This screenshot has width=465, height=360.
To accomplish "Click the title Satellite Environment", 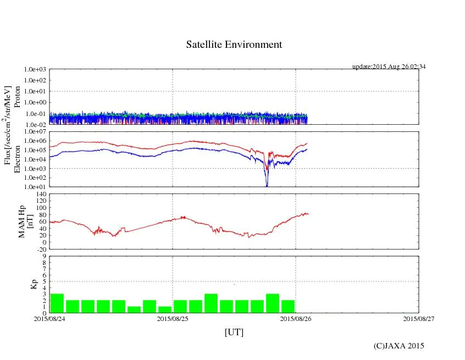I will click(x=234, y=45).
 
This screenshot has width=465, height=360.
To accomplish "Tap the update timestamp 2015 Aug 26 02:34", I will click(x=389, y=67).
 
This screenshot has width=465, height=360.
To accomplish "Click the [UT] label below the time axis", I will click(x=234, y=332).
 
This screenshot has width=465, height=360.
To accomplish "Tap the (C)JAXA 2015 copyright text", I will click(x=399, y=346).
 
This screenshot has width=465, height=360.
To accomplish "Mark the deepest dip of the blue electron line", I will click(x=267, y=186).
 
